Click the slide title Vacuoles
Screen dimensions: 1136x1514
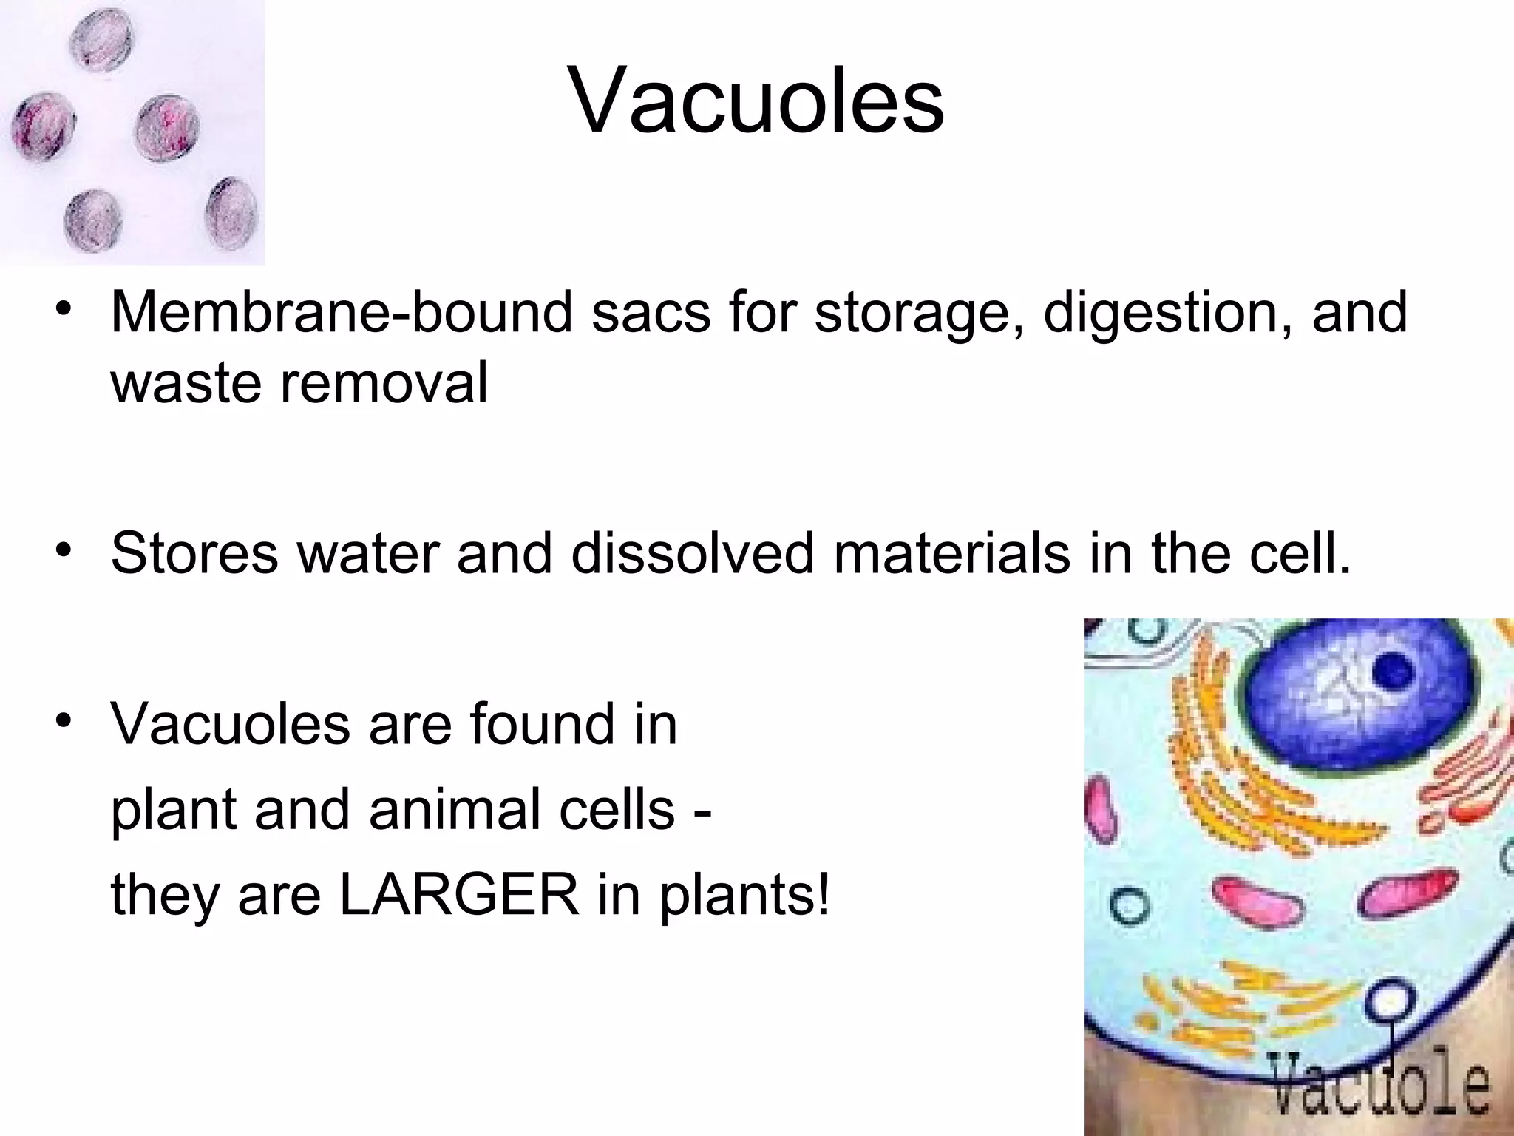[x=756, y=101]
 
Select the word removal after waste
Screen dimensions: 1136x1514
[x=384, y=383]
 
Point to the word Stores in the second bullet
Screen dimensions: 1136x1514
[x=194, y=553]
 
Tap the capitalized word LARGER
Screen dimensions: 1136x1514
[x=458, y=895]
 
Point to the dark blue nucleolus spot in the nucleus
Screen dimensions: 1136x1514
[x=1394, y=671]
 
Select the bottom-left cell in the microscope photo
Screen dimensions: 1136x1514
[x=91, y=220]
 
